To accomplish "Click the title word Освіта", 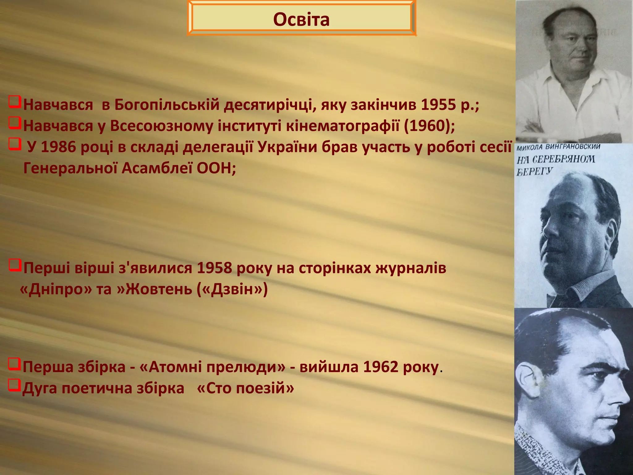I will click(301, 19).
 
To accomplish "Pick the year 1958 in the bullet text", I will click(214, 268).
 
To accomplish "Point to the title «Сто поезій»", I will click(245, 388).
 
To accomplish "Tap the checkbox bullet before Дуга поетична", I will click(14, 385).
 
